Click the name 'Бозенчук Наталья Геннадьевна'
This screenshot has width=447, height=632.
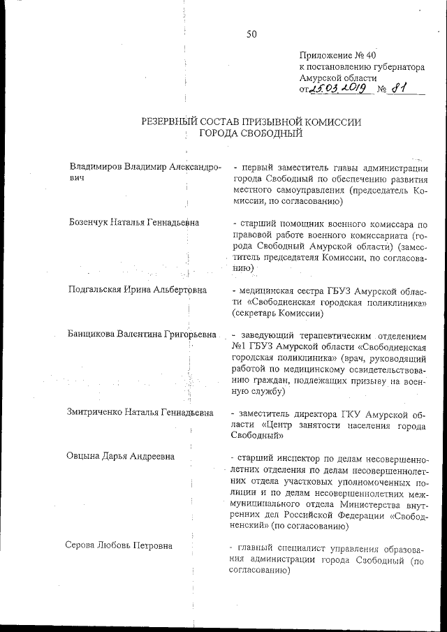(133, 222)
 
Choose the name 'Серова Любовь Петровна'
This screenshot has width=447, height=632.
(119, 546)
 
